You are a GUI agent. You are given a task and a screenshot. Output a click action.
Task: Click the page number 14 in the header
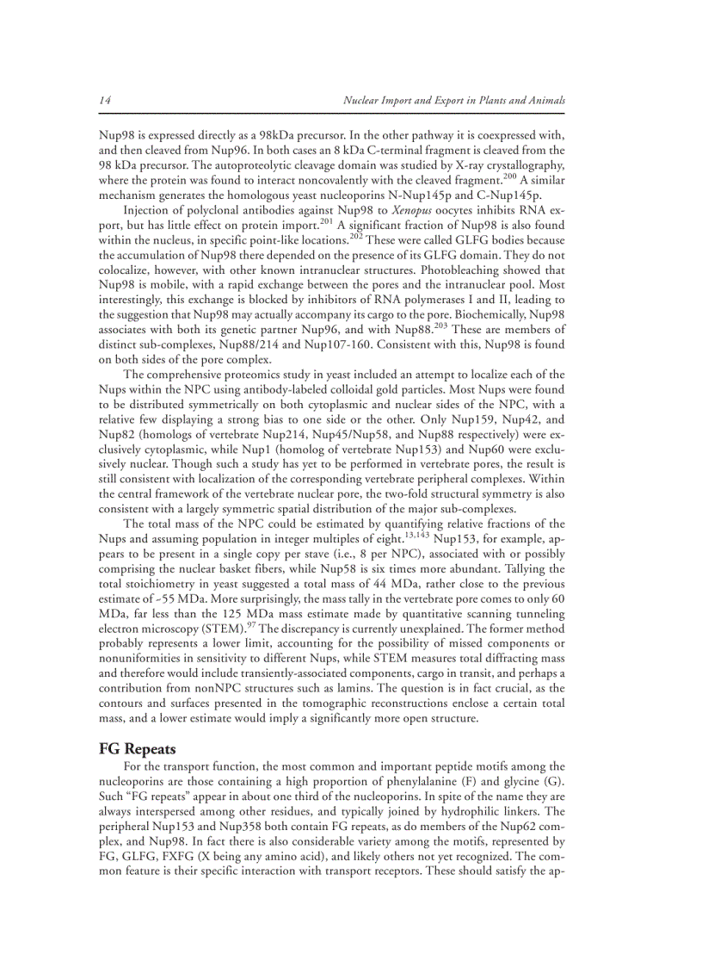104,101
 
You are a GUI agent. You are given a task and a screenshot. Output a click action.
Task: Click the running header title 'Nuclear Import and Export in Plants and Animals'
454,101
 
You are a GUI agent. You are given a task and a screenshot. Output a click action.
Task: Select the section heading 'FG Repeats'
138,749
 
